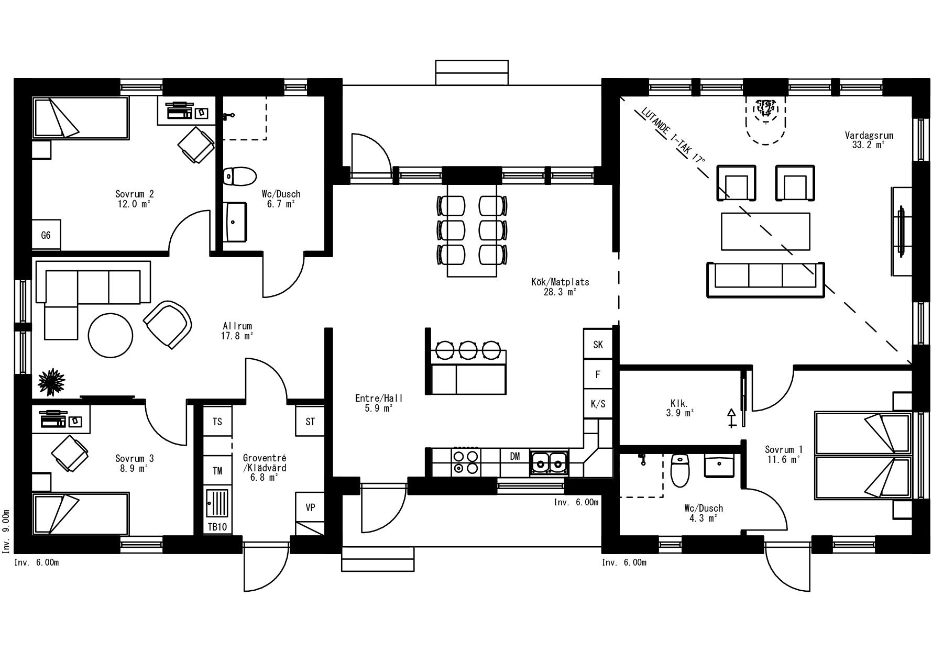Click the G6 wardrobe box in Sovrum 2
click(46, 235)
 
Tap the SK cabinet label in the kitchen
click(598, 345)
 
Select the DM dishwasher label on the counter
click(515, 456)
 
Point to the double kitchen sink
click(549, 462)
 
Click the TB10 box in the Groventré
click(217, 526)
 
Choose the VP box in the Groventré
click(310, 507)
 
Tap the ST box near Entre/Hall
click(310, 421)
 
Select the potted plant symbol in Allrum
click(51, 382)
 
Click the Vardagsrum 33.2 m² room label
click(869, 140)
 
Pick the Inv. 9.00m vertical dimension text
click(6, 532)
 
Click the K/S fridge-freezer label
click(598, 404)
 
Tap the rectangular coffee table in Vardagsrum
click(765, 231)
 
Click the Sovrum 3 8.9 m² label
click(134, 463)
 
